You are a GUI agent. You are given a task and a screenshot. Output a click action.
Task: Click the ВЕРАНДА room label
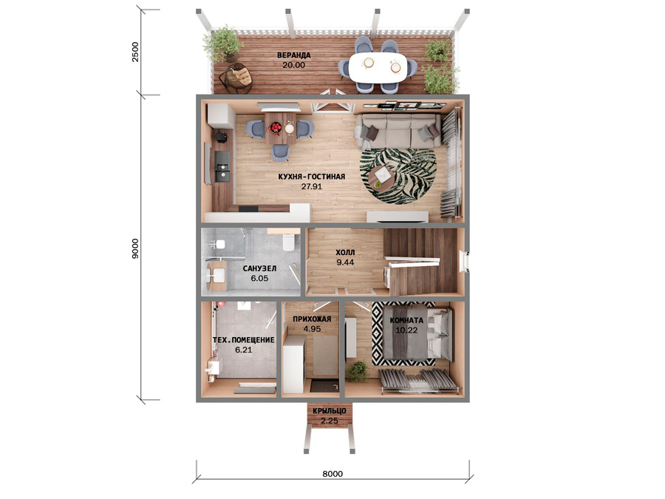pyautogui.click(x=294, y=55)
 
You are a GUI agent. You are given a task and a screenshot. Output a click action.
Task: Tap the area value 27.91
pyautogui.click(x=312, y=186)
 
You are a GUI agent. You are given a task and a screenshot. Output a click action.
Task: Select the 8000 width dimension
pyautogui.click(x=332, y=474)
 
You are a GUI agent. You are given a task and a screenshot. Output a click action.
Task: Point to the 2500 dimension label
pyautogui.click(x=135, y=52)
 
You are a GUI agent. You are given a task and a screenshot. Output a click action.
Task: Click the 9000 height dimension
pyautogui.click(x=135, y=248)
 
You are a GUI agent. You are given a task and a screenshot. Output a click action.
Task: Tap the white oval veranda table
pyautogui.click(x=378, y=67)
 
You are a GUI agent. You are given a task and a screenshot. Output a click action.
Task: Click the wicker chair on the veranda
pyautogui.click(x=236, y=78)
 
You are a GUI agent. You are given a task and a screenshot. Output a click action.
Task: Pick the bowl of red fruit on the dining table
pyautogui.click(x=276, y=127)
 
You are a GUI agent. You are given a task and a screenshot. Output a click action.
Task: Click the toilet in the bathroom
pyautogui.click(x=289, y=242)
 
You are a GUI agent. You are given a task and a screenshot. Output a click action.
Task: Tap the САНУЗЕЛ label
pyautogui.click(x=259, y=268)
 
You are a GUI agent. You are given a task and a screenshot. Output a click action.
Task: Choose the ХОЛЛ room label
pyautogui.click(x=345, y=253)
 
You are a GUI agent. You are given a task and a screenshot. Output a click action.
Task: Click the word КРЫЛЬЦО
pyautogui.click(x=330, y=411)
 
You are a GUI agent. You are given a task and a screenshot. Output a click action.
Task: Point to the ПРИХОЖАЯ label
pyautogui.click(x=312, y=319)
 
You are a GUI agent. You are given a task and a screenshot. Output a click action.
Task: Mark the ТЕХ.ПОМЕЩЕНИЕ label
pyautogui.click(x=243, y=340)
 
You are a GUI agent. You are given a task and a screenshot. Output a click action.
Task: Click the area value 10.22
pyautogui.click(x=406, y=330)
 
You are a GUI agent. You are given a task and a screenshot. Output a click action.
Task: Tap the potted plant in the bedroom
pyautogui.click(x=358, y=372)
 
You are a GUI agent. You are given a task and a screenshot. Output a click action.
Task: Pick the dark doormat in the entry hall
pyautogui.click(x=324, y=386)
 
